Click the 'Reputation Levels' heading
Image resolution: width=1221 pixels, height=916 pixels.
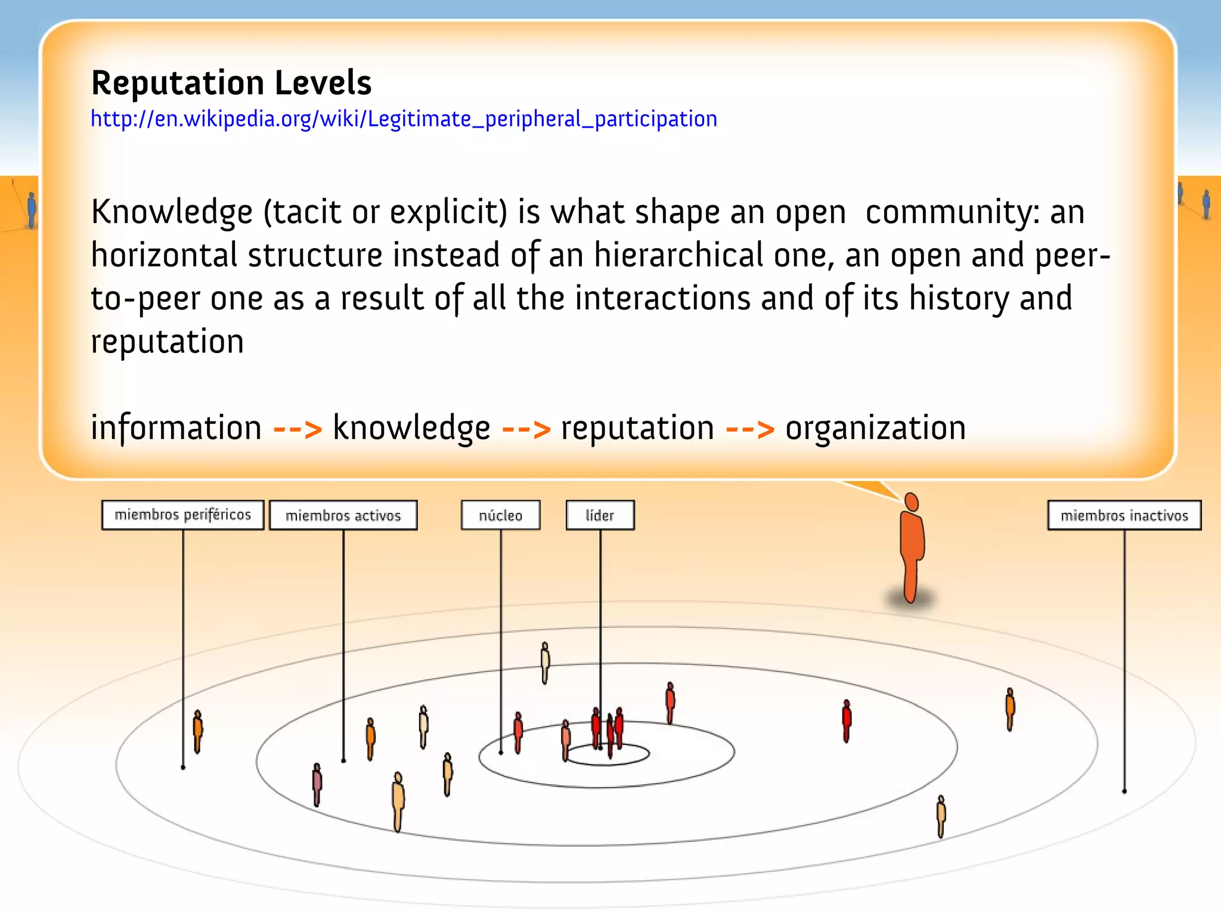point(231,83)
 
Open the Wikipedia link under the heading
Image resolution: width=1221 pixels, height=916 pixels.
point(404,119)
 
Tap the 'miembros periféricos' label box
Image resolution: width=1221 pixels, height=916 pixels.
point(182,515)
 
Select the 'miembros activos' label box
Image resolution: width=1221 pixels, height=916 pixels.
point(343,515)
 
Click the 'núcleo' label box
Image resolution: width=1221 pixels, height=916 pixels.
point(500,515)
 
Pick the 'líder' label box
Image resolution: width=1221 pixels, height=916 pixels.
point(600,515)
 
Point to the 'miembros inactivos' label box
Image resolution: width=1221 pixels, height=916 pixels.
point(1124,515)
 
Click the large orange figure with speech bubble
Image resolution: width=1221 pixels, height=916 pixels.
point(911,549)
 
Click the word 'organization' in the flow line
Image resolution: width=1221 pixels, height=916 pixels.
point(875,428)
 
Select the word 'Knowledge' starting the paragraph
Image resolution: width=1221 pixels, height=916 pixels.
point(172,212)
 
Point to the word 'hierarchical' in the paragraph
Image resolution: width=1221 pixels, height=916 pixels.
point(678,255)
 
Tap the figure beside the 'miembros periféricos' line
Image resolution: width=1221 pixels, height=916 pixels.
point(197,731)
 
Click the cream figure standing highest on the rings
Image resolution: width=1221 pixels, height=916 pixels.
point(545,662)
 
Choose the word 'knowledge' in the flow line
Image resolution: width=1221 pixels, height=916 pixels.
point(411,428)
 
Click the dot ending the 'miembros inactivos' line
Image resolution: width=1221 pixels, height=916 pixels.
point(1124,791)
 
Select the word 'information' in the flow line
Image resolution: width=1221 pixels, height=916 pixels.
point(176,428)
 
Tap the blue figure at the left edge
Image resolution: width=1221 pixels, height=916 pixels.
point(32,210)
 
